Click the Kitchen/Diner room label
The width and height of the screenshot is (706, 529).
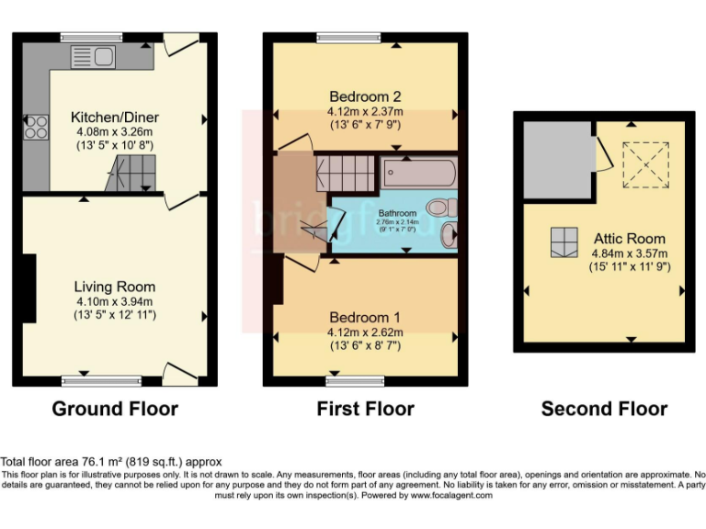(115, 118)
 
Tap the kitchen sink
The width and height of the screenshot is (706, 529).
(92, 57)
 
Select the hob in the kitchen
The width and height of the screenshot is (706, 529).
(37, 129)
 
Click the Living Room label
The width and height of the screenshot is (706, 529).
(115, 287)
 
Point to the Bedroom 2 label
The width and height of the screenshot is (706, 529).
(365, 96)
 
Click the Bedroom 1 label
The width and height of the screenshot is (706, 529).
(365, 317)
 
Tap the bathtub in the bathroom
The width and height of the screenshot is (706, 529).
(417, 172)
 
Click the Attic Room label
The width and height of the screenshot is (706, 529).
(628, 238)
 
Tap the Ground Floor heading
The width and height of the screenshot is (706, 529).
(115, 409)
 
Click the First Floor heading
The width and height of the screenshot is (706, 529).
(365, 409)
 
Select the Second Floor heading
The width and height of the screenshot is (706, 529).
(604, 409)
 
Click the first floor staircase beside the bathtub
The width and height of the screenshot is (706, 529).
(347, 172)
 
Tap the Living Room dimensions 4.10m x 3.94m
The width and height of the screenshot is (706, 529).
(115, 301)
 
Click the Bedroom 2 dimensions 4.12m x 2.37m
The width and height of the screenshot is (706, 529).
(365, 111)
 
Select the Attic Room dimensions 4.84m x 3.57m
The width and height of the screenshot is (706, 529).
(628, 253)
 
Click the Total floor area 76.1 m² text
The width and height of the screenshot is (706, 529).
(111, 461)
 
